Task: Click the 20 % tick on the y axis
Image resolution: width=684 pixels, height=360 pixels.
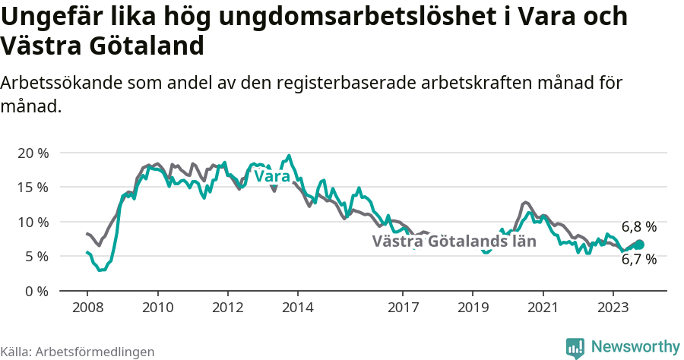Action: pyautogui.click(x=33, y=153)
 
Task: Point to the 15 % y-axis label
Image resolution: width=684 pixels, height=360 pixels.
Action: pyautogui.click(x=33, y=187)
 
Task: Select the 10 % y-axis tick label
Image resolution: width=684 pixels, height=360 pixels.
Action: pyautogui.click(x=33, y=222)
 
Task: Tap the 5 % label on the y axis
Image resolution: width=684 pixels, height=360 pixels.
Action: pyautogui.click(x=36, y=257)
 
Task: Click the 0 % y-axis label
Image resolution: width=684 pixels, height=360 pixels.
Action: pyautogui.click(x=36, y=291)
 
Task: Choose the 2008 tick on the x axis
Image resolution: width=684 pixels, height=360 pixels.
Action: pyautogui.click(x=87, y=308)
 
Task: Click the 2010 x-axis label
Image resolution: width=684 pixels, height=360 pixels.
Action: pyautogui.click(x=157, y=308)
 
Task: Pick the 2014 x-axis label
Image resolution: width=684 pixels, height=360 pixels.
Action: pyautogui.click(x=298, y=308)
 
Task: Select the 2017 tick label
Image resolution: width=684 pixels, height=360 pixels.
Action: pyautogui.click(x=403, y=308)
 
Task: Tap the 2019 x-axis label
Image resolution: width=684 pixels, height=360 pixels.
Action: pyautogui.click(x=473, y=308)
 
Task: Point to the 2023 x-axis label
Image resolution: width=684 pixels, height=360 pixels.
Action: pyautogui.click(x=613, y=308)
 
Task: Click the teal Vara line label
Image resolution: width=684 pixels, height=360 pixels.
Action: pyautogui.click(x=272, y=176)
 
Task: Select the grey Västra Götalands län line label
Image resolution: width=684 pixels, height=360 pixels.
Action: pyautogui.click(x=454, y=242)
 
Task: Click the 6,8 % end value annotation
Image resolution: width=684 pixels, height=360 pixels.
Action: pyautogui.click(x=638, y=226)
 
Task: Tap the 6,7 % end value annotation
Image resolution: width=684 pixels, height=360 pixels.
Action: pyautogui.click(x=638, y=259)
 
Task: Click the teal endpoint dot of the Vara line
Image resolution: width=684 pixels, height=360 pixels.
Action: pyautogui.click(x=639, y=245)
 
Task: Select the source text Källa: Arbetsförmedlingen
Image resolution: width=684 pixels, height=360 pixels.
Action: pyautogui.click(x=78, y=352)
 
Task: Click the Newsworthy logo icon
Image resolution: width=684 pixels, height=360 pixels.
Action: pyautogui.click(x=575, y=347)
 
